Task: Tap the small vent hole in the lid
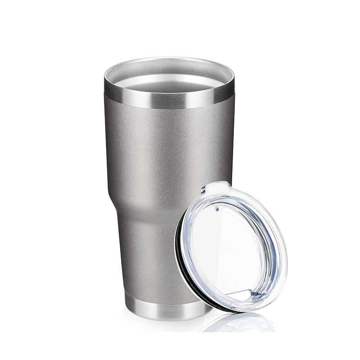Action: (x=216, y=208)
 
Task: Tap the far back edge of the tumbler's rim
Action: (x=169, y=58)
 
